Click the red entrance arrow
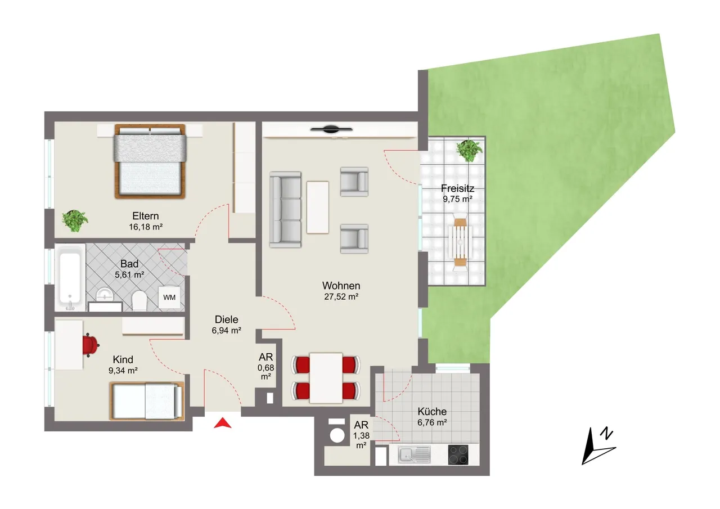point(223,424)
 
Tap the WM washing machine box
point(169,297)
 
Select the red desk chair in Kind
point(91,345)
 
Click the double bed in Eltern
point(150,161)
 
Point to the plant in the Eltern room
point(75,220)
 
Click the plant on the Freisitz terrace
point(469,150)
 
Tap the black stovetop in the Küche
point(458,454)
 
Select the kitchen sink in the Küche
point(414,454)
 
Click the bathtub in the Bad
point(70,278)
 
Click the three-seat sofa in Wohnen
point(285,210)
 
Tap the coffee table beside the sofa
point(318,208)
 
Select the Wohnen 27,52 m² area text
point(341,296)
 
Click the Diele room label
point(226,319)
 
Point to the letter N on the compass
point(607,433)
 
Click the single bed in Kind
point(147,401)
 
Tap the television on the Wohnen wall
point(331,129)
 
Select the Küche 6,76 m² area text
point(432,422)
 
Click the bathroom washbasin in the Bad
point(105,295)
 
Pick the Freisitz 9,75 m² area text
point(457,199)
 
